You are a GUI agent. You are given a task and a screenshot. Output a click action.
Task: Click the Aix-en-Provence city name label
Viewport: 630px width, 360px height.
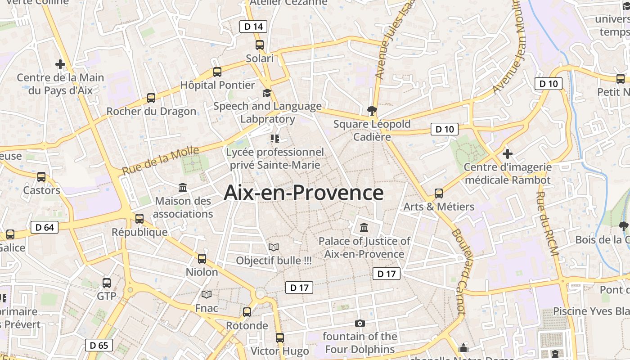[304, 193]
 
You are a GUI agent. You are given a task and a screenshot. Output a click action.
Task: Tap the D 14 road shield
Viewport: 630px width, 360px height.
[253, 27]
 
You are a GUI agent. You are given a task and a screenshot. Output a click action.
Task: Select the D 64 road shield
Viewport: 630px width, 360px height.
[45, 227]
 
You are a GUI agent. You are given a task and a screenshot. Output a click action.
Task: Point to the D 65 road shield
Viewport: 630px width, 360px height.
[99, 345]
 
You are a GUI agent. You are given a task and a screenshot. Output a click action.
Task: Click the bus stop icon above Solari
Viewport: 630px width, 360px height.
[260, 45]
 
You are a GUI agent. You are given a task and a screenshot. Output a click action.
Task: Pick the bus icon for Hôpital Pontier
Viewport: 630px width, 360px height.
[217, 72]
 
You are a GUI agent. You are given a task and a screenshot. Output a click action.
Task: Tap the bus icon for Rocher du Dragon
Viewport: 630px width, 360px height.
[151, 98]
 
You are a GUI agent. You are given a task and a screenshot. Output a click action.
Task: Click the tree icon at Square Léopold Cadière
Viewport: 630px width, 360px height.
[372, 110]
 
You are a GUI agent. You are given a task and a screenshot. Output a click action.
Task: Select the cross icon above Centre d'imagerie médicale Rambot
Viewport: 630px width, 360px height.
[508, 154]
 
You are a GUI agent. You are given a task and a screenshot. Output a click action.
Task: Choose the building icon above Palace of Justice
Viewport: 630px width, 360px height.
[364, 227]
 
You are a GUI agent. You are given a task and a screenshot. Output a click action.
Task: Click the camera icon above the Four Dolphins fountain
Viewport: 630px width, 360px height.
[360, 323]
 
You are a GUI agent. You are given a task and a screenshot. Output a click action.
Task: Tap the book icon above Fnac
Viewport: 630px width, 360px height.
[207, 294]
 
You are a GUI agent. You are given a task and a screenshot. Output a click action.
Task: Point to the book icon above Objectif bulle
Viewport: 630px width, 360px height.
[274, 247]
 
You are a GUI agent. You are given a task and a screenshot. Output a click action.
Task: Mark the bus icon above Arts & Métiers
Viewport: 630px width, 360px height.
[439, 193]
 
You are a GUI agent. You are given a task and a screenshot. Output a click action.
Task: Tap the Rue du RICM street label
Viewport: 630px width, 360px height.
[547, 224]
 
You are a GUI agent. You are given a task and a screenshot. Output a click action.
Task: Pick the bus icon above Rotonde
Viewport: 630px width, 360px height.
[247, 312]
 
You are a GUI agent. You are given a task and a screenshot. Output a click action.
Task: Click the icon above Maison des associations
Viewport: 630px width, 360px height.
[183, 187]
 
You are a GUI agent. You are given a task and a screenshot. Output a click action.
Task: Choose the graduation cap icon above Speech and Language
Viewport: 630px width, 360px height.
[267, 93]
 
